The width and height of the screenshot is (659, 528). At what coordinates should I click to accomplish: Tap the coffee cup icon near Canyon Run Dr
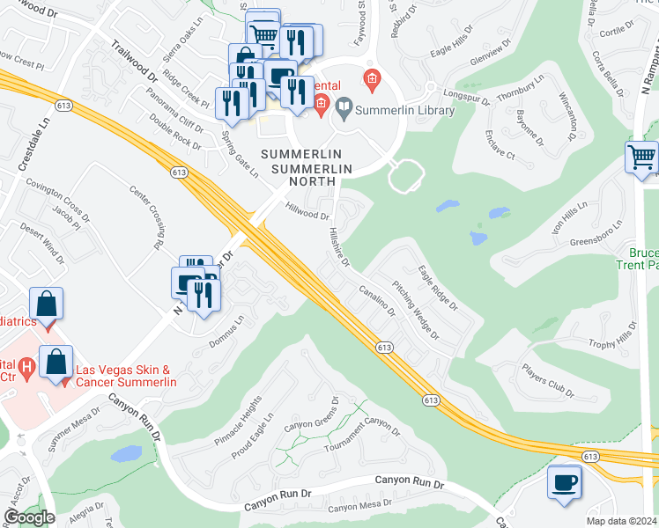[x=563, y=481]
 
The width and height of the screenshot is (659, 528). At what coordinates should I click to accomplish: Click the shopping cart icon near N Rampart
[x=642, y=158]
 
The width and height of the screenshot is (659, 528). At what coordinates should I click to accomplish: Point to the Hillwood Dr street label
[x=307, y=210]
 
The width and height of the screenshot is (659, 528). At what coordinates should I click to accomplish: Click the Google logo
[x=29, y=517]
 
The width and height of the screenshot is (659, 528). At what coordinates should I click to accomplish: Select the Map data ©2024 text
[x=620, y=521]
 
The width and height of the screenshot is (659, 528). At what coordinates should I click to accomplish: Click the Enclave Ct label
[x=499, y=147]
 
